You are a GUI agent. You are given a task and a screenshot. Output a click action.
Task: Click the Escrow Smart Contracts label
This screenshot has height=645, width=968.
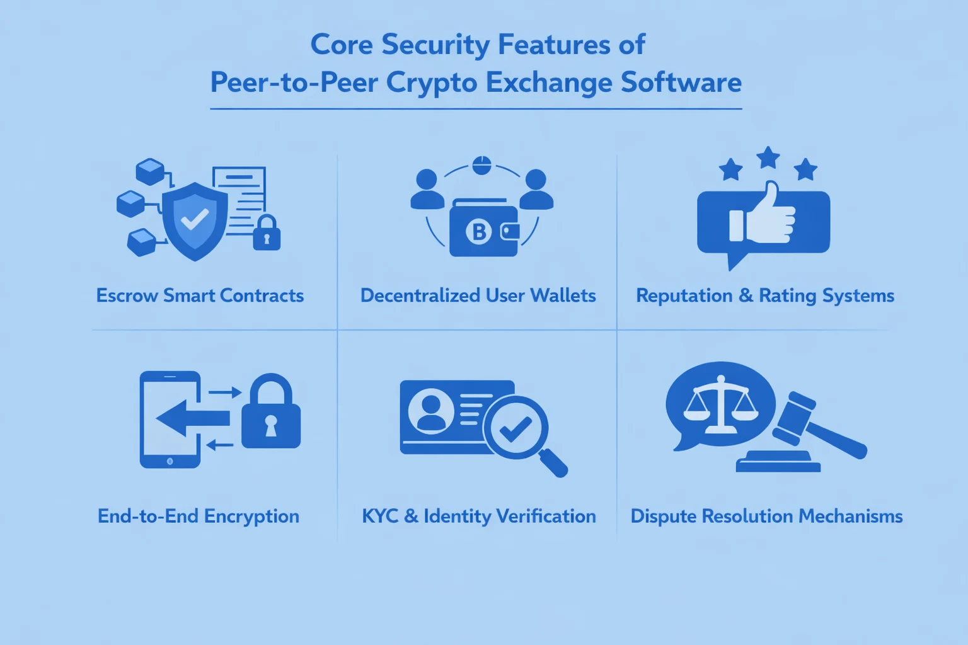pos(200,295)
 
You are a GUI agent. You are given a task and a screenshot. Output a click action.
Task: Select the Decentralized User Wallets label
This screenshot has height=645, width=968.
pos(478,295)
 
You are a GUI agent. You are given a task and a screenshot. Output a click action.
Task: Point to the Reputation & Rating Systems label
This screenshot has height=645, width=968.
pos(764,295)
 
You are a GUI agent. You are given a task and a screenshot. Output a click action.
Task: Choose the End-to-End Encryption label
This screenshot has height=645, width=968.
pos(199,516)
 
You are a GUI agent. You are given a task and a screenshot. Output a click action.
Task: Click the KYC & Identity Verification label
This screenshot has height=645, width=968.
pos(478,516)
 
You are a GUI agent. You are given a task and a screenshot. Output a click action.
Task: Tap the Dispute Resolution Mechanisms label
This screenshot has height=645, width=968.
pos(766,516)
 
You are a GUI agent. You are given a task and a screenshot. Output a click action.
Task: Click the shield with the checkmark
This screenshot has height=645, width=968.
pos(195,220)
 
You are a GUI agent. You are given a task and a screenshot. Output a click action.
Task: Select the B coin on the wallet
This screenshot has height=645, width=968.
pos(478,232)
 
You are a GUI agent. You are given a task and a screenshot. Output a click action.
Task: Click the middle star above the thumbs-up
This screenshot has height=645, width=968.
pos(768,157)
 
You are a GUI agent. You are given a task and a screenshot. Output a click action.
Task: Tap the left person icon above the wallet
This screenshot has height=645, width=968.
pos(427,190)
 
